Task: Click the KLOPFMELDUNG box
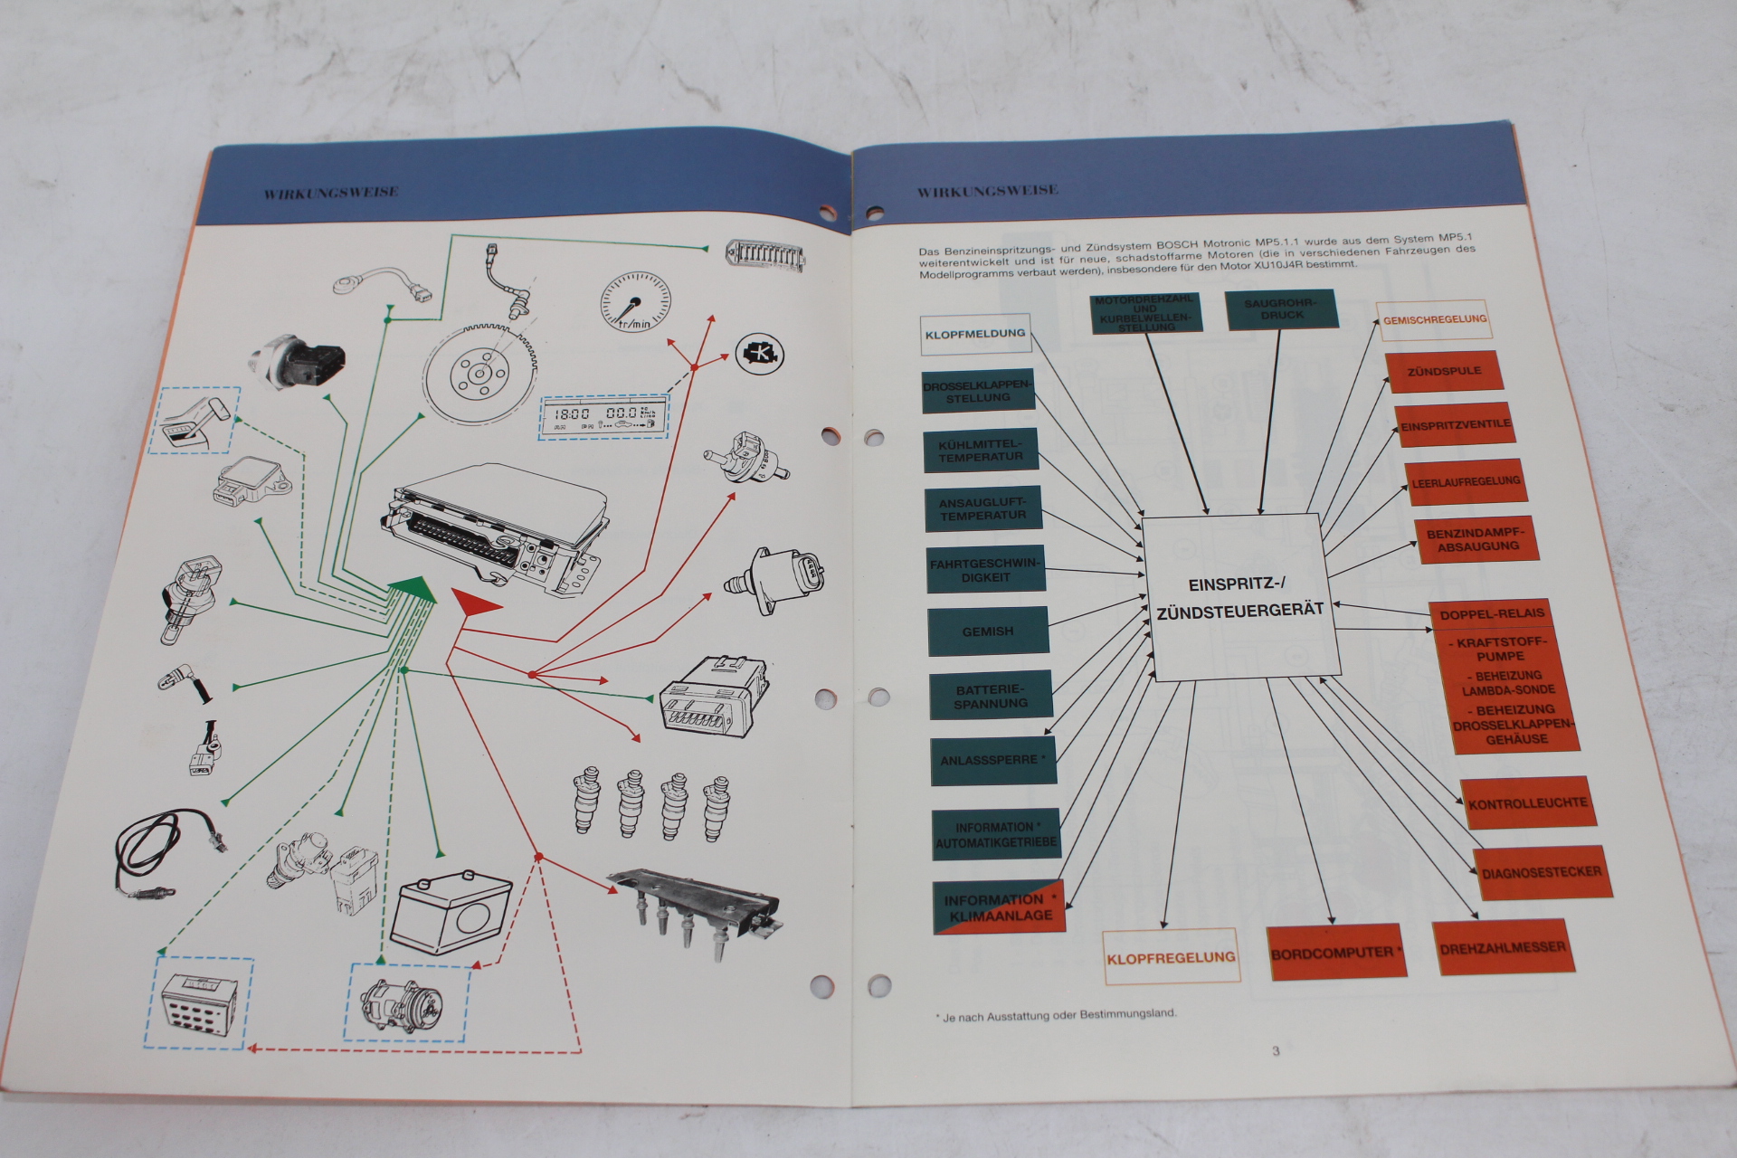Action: (x=975, y=334)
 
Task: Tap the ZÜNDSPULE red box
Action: (x=1444, y=371)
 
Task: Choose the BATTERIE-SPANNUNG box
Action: (x=991, y=696)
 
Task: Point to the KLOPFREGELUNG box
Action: (x=1171, y=956)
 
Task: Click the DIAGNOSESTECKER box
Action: (x=1541, y=873)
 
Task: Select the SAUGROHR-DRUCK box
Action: (x=1281, y=309)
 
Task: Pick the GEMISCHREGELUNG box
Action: (x=1434, y=319)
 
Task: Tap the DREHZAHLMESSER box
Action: (x=1503, y=947)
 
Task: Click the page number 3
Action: (x=1276, y=1050)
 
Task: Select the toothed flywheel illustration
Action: (x=481, y=374)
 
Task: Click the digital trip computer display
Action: (x=604, y=417)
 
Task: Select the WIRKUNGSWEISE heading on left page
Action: (x=331, y=193)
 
